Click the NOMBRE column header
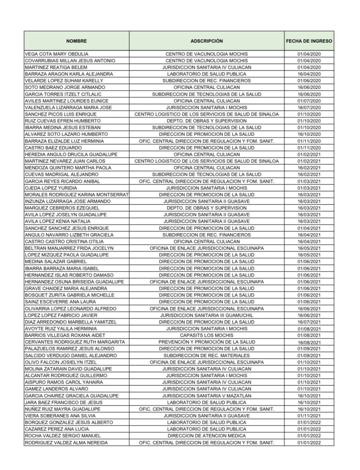tap(76, 41)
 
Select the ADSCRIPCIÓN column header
tap(206, 41)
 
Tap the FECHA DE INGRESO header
tap(309, 41)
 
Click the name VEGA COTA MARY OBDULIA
tap(56, 54)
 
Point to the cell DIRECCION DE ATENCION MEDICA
tap(206, 435)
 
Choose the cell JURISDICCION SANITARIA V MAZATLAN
tap(206, 395)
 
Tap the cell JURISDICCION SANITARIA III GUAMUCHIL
tap(206, 315)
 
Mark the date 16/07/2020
tap(309, 107)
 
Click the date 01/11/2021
tap(309, 415)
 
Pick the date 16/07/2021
tap(309, 322)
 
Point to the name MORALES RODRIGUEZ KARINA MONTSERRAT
tap(77, 195)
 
